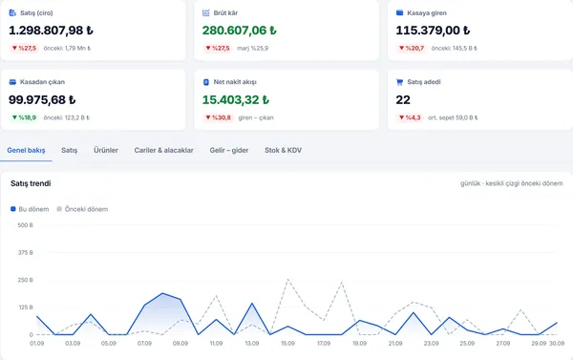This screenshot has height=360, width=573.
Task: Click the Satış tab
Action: pos(69,150)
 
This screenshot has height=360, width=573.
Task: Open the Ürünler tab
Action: pos(106,150)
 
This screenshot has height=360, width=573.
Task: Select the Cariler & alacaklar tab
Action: pos(163,150)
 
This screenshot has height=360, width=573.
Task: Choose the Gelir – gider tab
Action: pos(229,150)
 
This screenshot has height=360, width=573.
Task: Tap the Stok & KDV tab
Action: pos(284,150)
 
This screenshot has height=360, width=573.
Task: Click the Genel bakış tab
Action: pos(26,150)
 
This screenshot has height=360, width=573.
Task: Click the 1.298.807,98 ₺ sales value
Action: pos(51,31)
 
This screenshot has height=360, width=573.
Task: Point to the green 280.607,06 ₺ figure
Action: pos(240,31)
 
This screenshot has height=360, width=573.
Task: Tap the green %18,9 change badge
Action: pos(24,117)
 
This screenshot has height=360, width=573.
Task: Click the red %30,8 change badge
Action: pos(218,117)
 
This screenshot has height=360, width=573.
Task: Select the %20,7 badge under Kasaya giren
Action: pos(411,48)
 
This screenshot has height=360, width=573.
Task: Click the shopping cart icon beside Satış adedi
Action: pos(399,82)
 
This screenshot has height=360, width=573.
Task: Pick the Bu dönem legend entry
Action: pos(30,209)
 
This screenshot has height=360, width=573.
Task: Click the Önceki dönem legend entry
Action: pos(82,209)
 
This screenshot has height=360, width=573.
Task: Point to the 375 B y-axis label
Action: pos(25,252)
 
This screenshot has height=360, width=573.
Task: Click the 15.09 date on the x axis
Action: pos(287,344)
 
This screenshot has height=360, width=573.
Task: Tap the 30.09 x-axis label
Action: pos(557,344)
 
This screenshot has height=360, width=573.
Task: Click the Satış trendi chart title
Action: pos(31,183)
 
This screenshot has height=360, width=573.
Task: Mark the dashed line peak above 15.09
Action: pos(287,280)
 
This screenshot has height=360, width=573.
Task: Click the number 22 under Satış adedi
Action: pos(403,99)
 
